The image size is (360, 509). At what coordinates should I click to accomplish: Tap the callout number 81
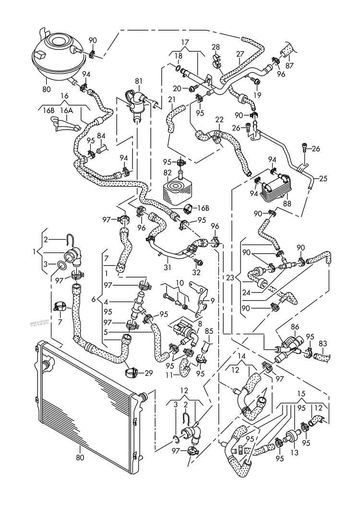138,81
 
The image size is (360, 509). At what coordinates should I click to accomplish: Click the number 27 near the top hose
240,54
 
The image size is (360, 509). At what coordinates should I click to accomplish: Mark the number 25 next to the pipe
323,179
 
